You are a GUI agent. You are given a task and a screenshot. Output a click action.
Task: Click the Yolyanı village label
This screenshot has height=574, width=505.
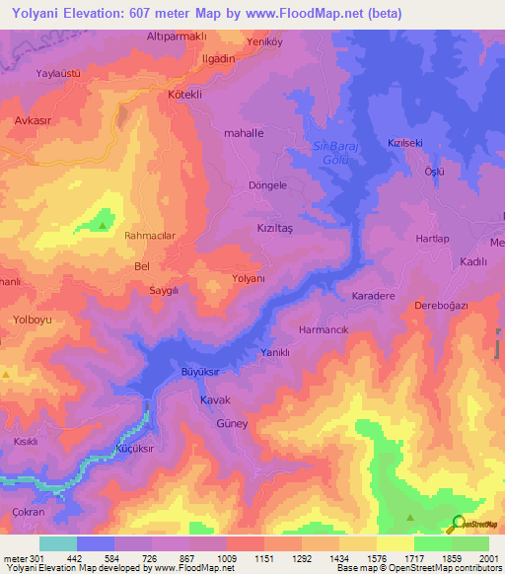coord(249,279)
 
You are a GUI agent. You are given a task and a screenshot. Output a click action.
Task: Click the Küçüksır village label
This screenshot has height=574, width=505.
coord(138,447)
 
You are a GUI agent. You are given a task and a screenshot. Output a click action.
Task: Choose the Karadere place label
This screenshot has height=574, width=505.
coord(373,296)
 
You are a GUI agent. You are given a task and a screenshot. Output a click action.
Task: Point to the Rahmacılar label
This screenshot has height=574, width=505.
coord(150,236)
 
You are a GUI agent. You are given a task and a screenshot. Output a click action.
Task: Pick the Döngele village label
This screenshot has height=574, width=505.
coord(265,184)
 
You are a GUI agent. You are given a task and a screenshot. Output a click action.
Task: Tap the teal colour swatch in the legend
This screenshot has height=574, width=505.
coord(57,543)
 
